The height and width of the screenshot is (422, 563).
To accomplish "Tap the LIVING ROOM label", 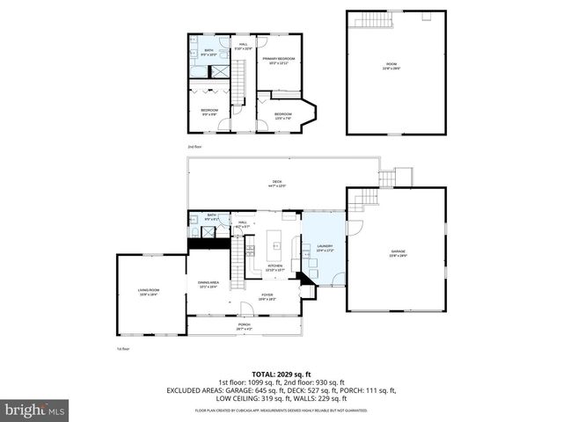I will click(x=148, y=291).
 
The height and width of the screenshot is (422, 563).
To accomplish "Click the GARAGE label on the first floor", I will click(x=399, y=254).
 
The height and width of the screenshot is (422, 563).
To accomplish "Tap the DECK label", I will click(x=277, y=184).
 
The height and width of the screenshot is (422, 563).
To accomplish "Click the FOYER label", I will click(x=267, y=296).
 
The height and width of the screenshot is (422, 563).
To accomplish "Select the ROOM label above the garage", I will click(x=391, y=65).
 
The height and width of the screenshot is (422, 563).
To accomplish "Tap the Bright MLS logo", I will click(x=35, y=410).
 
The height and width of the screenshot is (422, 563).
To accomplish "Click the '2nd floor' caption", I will click(x=194, y=146).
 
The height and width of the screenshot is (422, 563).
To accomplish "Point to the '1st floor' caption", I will click(x=123, y=348).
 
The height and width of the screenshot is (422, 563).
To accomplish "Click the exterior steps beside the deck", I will click(x=403, y=176).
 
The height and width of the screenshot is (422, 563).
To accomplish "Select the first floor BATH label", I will click(x=212, y=215).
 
